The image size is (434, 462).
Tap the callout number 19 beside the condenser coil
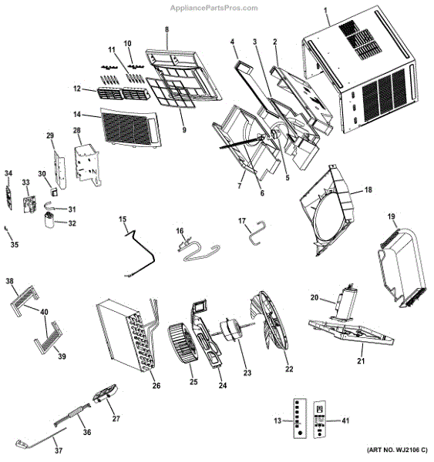point(392,217)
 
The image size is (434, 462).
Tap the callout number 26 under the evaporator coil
point(156,385)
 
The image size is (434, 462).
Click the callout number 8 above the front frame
point(166,29)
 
